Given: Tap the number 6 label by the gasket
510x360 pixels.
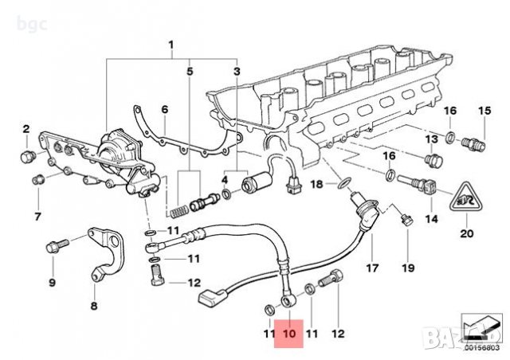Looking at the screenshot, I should tap(164, 110).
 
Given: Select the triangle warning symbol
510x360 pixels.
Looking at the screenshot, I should tap(467, 198).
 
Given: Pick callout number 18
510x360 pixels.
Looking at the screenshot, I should tap(316, 184).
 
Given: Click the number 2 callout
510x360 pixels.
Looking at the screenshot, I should tap(25, 129).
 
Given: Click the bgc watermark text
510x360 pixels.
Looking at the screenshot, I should tap(14, 9).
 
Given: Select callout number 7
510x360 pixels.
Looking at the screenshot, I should tap(37, 216).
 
